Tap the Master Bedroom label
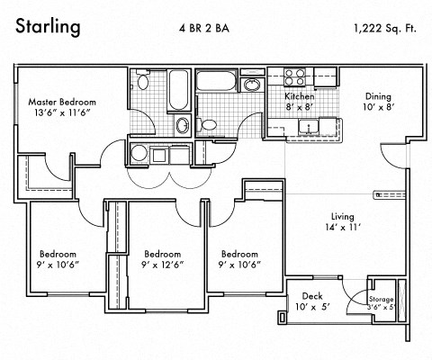63,102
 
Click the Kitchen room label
299,95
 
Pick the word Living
342,217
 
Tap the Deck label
311,294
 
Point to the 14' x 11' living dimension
342,229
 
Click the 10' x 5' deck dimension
311,307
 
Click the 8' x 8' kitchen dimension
299,106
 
